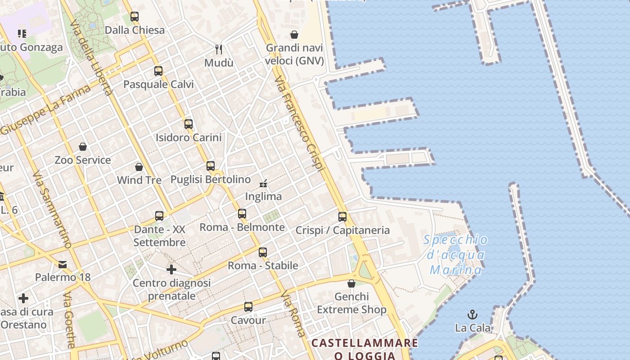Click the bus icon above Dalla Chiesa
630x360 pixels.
click(135, 17)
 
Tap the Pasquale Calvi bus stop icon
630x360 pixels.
click(158, 71)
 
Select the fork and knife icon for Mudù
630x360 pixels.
click(219, 49)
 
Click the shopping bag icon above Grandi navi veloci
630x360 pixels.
click(294, 35)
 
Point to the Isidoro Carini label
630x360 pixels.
click(189, 138)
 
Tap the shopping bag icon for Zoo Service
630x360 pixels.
click(83, 147)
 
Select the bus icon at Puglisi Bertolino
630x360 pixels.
click(211, 166)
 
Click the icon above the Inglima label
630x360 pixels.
click(264, 183)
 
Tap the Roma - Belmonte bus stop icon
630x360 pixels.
click(242, 214)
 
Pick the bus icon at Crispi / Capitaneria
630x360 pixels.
click(342, 217)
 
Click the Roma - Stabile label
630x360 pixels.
click(263, 265)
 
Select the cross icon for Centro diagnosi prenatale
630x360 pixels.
click(171, 270)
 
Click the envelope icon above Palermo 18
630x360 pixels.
click(63, 264)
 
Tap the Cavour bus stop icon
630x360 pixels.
click(248, 307)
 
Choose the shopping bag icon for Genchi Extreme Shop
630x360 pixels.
click(351, 283)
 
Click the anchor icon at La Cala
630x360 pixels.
click(472, 314)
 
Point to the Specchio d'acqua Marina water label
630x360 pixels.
click(455, 255)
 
